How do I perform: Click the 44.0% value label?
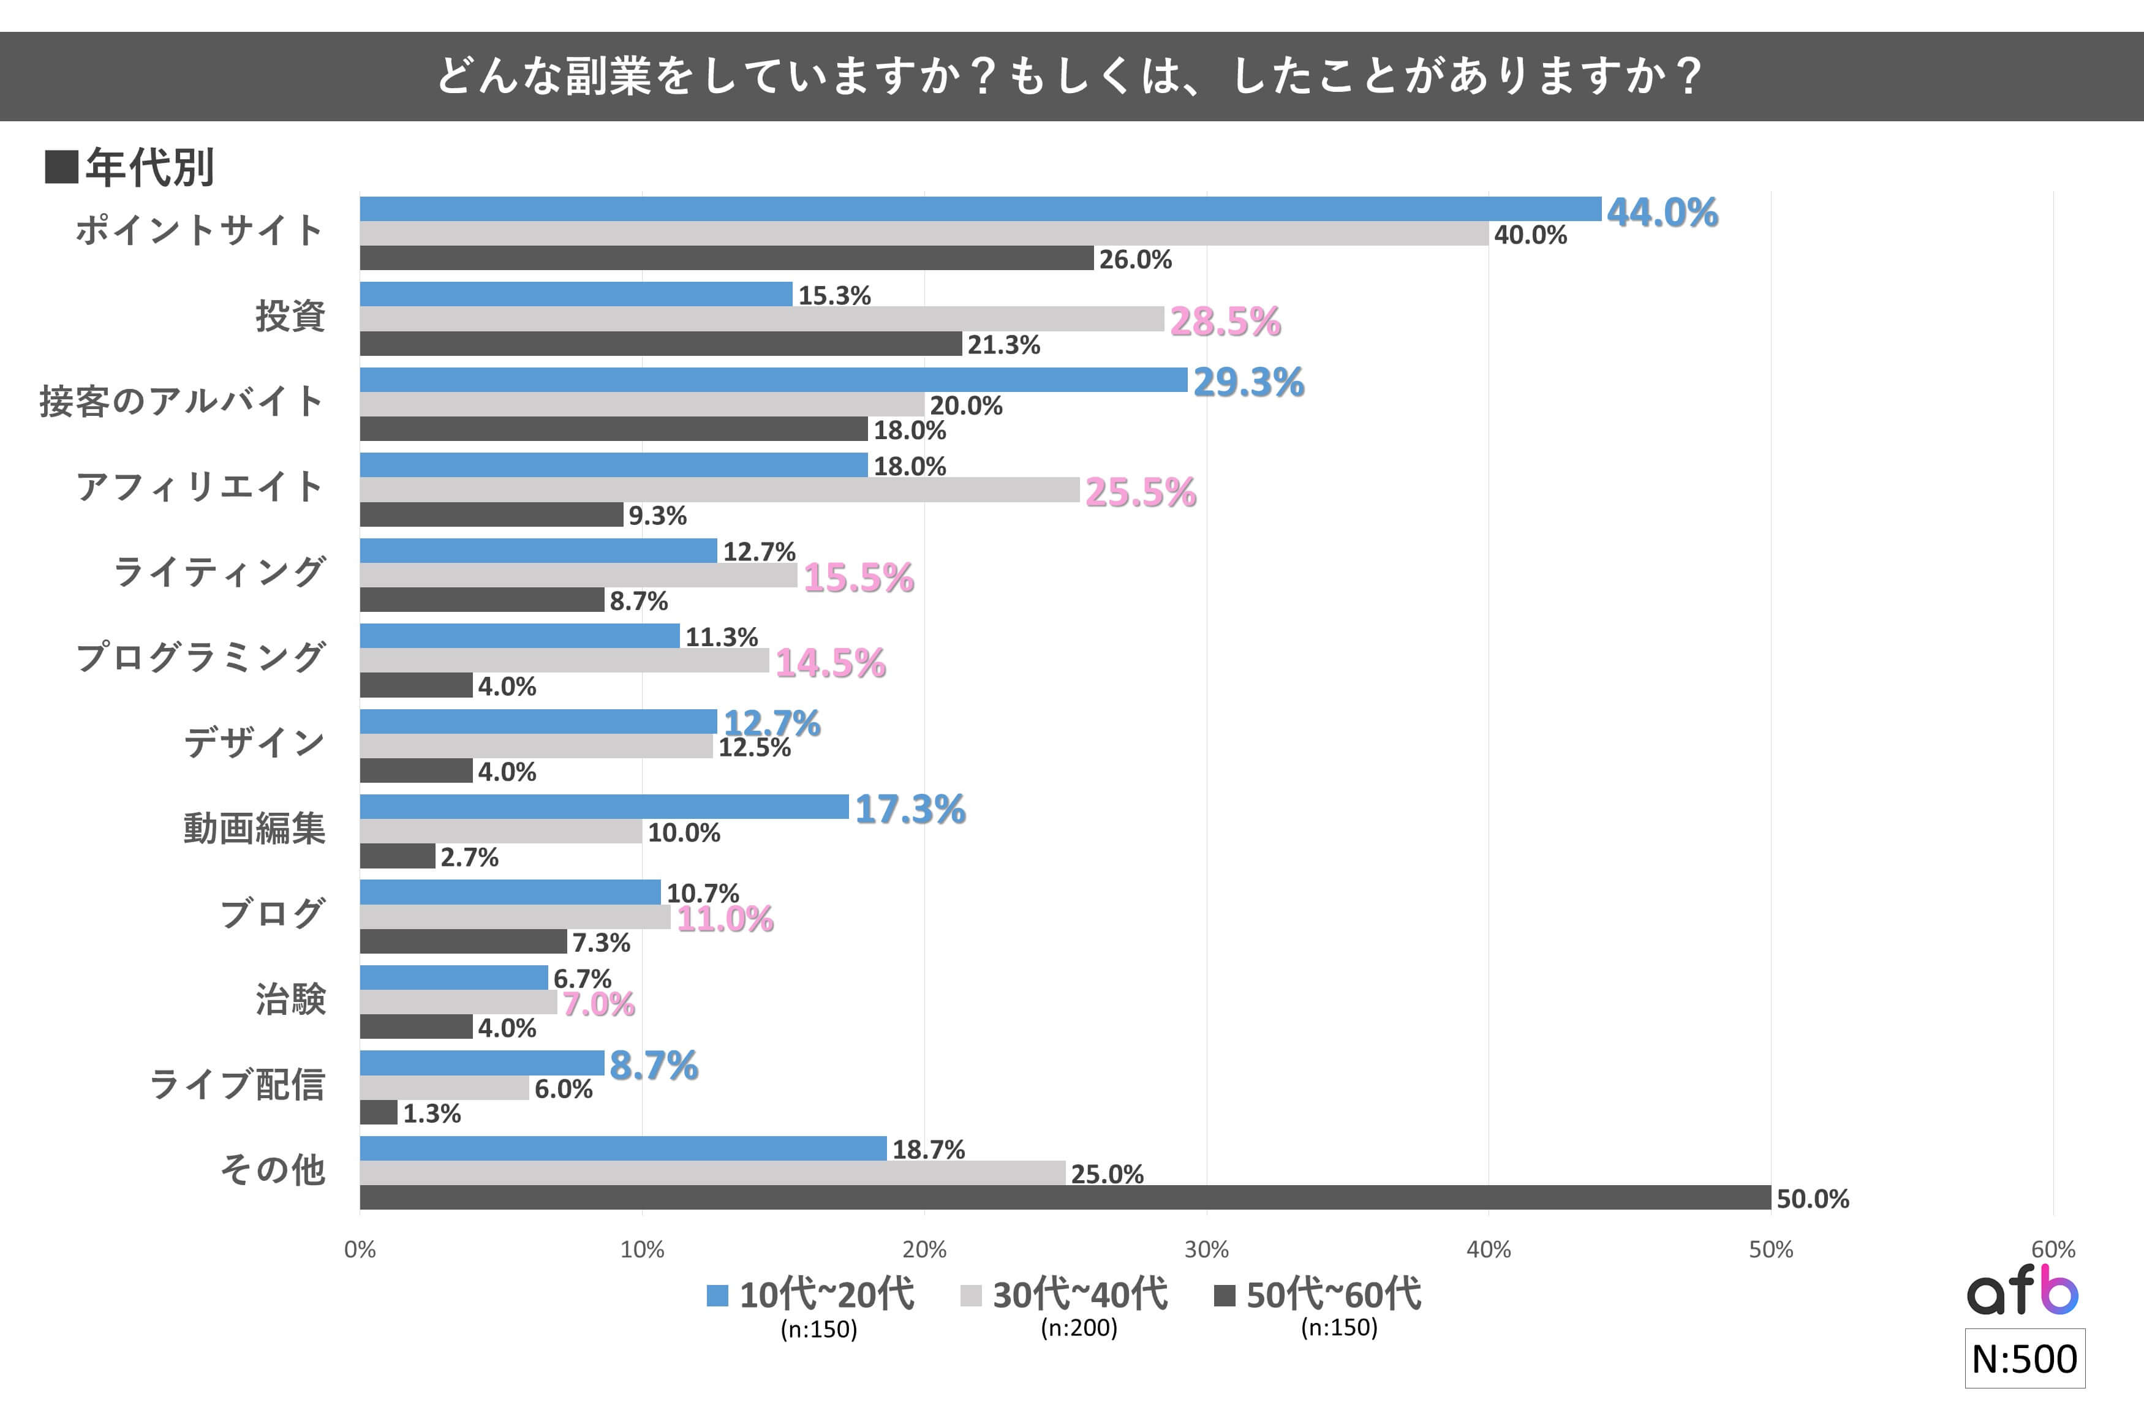1662,213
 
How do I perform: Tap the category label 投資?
290,316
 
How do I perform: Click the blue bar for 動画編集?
604,807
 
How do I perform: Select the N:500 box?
2024,1358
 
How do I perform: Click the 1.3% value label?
431,1114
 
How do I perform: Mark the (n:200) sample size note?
1079,1328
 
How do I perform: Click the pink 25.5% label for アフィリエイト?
1141,492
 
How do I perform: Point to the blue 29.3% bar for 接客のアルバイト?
773,380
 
